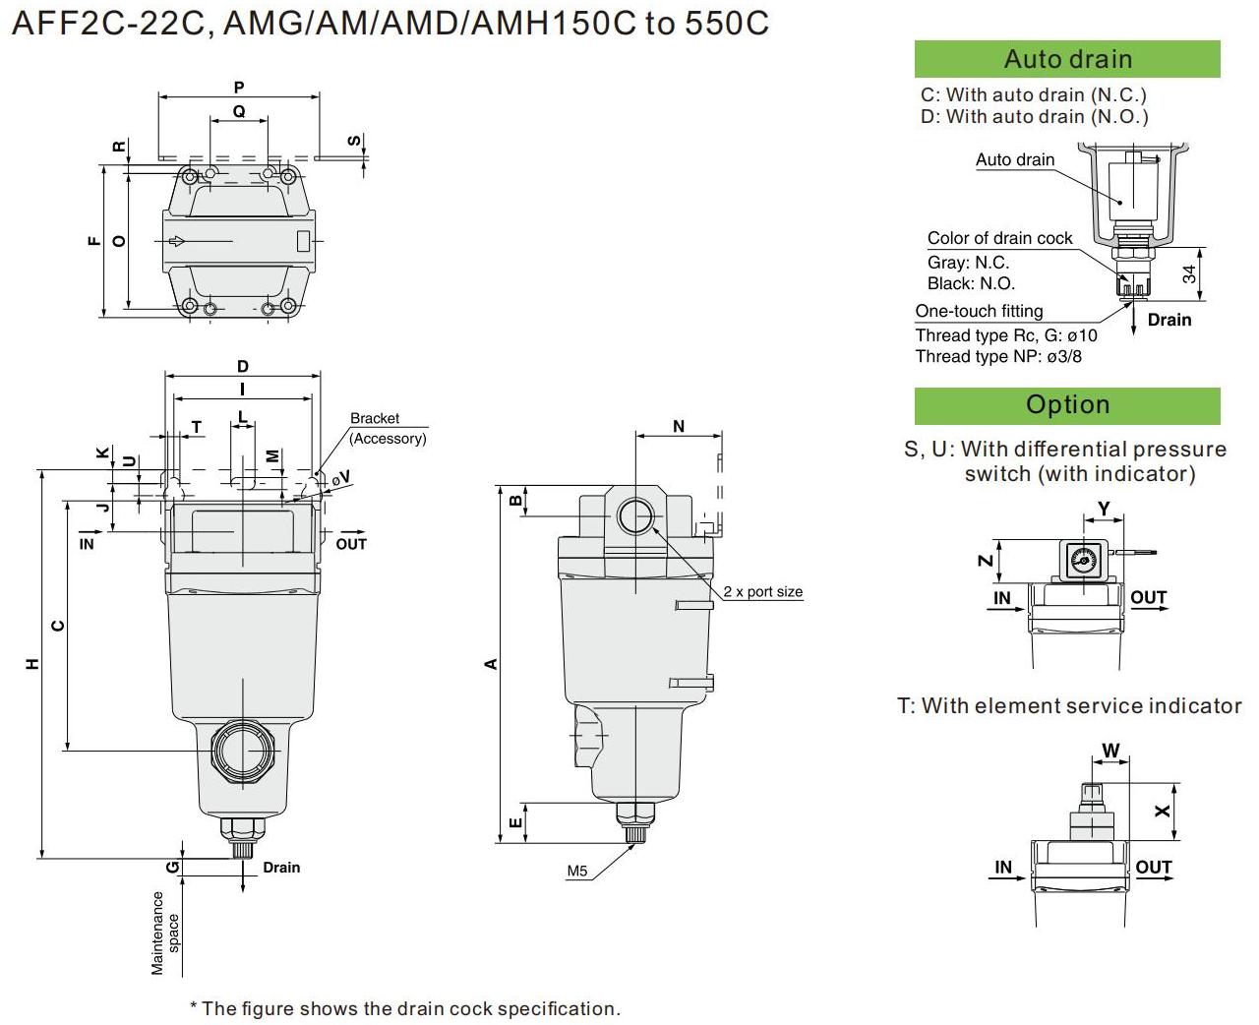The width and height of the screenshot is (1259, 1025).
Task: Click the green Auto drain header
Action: pos(1067,59)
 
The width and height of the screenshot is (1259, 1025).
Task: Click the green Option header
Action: pos(1067,405)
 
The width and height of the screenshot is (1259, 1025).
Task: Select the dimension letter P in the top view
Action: pos(239,88)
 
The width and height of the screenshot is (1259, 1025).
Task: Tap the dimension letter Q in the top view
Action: pos(239,112)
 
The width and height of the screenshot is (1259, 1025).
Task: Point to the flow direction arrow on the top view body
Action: pos(178,241)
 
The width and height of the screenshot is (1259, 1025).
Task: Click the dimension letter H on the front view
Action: pos(33,664)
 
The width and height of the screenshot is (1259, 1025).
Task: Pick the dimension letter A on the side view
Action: pos(491,664)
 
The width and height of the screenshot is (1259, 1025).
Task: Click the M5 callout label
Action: pos(577,871)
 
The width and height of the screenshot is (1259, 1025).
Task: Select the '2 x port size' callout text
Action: pos(762,591)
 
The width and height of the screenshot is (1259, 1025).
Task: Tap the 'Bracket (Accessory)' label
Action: pos(388,428)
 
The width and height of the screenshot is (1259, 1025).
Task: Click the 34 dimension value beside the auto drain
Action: pos(1189,274)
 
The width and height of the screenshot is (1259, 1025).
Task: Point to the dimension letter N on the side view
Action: pos(679,426)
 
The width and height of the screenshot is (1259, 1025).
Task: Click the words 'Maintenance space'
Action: pos(165,933)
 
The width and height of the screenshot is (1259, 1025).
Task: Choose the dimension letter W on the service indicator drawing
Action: pos(1110,751)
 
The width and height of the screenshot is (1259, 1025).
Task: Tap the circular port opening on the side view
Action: pos(636,515)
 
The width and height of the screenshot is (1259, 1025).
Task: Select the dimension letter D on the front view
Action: pos(243,367)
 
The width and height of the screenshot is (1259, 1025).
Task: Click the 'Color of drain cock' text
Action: pos(999,238)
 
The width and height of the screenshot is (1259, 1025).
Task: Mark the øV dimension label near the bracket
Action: pos(340,478)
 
